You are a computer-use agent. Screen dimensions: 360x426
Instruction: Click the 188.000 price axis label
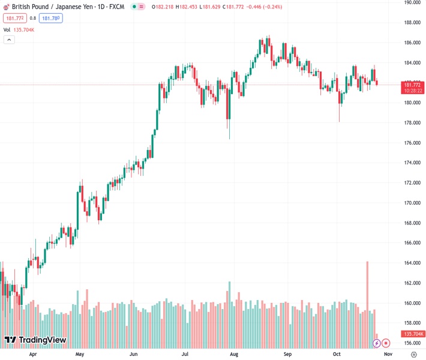coord(412,23)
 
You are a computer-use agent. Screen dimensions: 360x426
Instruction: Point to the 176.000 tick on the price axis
coord(412,143)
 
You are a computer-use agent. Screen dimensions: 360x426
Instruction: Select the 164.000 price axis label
coord(412,263)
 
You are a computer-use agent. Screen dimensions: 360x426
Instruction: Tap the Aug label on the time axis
coord(235,355)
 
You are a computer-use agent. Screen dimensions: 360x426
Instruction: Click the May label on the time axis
coord(80,355)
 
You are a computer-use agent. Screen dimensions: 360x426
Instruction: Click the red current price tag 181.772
coord(412,85)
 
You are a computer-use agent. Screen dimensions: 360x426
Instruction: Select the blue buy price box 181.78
coord(51,18)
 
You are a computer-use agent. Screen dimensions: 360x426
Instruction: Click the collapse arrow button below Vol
coord(9,40)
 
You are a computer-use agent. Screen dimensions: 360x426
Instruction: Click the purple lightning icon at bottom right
coord(377,343)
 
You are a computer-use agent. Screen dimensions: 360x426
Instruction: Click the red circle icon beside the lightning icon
coord(386,343)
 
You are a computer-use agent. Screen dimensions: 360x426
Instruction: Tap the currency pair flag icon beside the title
coord(6,6)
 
